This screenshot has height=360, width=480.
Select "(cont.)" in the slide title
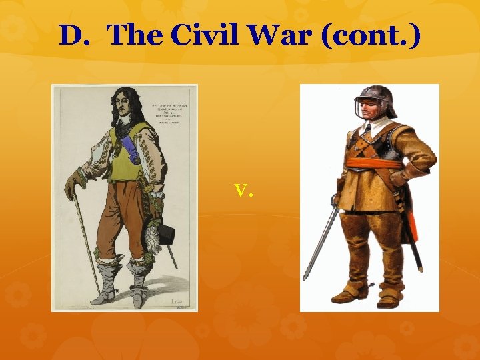pos(371,35)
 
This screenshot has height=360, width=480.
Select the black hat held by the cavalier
pos(165,233)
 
